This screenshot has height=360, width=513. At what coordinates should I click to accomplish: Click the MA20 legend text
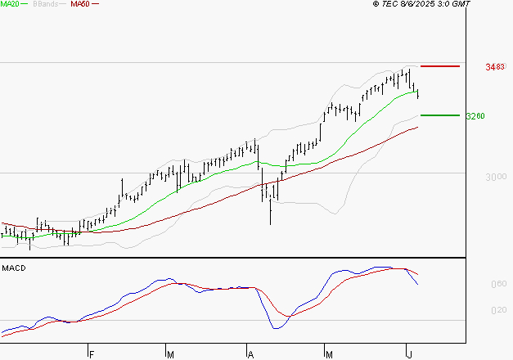[10, 4]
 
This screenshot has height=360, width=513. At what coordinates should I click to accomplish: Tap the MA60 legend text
[80, 4]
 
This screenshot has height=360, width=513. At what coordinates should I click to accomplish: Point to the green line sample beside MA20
[25, 5]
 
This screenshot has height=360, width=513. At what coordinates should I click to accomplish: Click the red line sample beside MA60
[95, 5]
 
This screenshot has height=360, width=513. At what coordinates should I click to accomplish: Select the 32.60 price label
[475, 116]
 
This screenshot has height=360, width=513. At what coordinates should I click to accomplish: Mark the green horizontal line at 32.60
[439, 115]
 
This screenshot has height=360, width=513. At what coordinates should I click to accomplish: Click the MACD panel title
[12, 268]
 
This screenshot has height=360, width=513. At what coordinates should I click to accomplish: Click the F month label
[92, 354]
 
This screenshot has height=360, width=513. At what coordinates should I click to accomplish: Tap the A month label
[250, 354]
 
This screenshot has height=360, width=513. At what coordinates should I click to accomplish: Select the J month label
[410, 354]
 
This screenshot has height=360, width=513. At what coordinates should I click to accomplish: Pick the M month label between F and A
[170, 354]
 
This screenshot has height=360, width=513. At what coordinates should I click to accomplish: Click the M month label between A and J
[330, 354]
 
